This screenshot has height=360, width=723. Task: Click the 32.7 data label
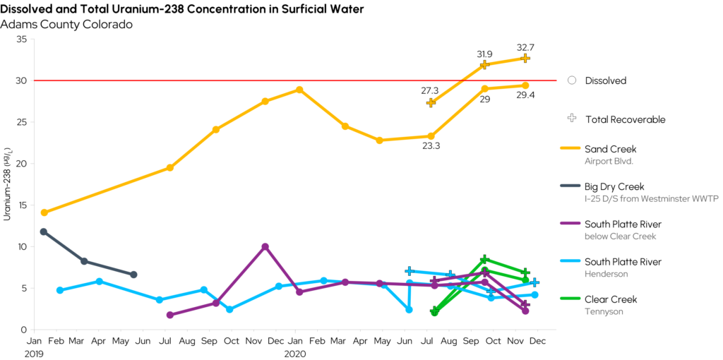pos(525,47)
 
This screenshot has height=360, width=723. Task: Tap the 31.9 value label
pos(484,54)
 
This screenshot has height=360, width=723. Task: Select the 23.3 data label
pos(431,147)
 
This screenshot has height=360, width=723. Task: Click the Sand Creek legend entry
pos(610,149)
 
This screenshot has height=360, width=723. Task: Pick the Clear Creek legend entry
pos(610,299)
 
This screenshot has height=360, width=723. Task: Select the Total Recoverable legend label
pos(625,119)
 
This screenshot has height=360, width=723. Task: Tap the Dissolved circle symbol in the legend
pos(572,80)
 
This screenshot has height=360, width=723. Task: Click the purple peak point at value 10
pos(265,246)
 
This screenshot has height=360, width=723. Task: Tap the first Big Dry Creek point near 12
pos(44,232)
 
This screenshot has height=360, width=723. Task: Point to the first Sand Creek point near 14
pos(44,212)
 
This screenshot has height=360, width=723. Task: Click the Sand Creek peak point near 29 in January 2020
pos(299,90)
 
